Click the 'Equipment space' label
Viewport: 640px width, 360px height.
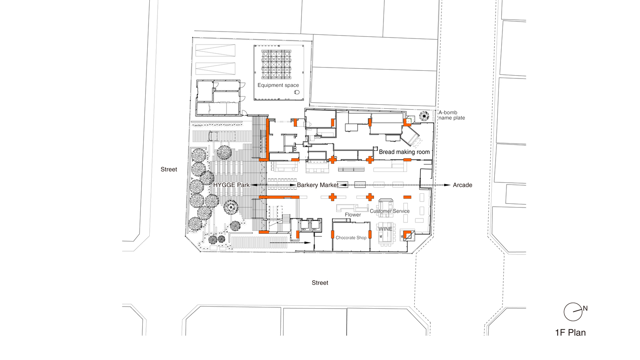278,85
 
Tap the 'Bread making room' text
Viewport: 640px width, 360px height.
404,152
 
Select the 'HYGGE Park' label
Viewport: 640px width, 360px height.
231,185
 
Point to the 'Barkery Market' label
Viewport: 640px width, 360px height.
318,185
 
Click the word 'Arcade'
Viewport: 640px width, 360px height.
462,185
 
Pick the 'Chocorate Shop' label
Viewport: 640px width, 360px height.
351,238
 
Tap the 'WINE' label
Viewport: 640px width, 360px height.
385,229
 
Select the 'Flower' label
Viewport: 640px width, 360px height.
353,215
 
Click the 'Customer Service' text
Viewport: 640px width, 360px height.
390,211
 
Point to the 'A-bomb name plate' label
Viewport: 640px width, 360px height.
451,115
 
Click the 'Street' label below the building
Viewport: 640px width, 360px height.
320,283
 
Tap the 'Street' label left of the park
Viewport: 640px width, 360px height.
169,169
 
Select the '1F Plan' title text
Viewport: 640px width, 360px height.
570,332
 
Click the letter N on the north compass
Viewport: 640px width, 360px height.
585,308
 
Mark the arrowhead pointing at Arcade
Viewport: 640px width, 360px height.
447,185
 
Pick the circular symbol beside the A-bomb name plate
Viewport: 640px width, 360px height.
424,116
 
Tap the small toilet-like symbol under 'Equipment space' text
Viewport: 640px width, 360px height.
297,92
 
